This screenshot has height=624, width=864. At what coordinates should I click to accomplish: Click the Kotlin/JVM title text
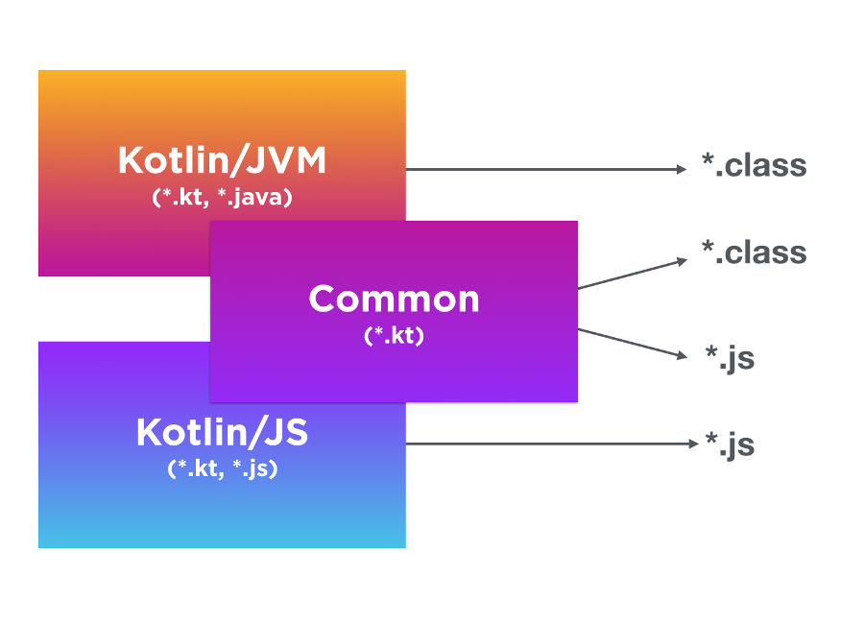coord(222,160)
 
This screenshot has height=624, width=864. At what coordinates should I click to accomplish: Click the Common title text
coord(394,300)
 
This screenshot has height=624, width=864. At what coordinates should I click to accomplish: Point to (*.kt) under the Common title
coord(394,336)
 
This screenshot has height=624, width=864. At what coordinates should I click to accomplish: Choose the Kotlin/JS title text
coord(222,433)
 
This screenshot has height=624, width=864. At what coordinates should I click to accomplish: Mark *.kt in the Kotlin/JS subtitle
coord(195,469)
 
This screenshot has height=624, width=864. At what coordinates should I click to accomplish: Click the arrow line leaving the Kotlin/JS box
coord(547,444)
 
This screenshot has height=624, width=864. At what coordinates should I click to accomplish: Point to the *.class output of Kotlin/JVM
coord(754,166)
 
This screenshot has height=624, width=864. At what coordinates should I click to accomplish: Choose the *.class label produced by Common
coord(754,253)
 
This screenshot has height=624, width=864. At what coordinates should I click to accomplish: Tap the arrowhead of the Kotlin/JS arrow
coord(689,444)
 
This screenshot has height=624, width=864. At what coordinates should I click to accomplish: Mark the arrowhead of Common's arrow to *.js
coord(683,355)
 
